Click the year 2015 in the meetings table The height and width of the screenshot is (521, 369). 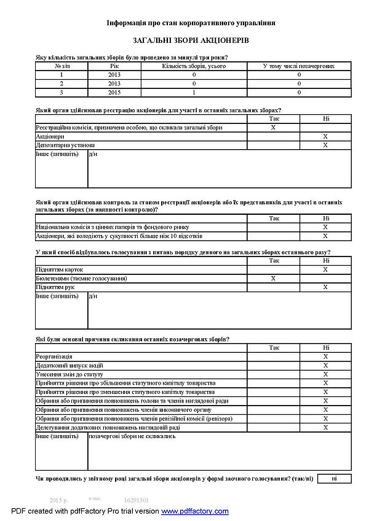[114, 92]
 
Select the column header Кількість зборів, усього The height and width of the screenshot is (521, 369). [194, 66]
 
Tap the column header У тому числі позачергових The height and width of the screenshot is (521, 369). [299, 66]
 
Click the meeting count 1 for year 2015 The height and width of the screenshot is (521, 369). [194, 92]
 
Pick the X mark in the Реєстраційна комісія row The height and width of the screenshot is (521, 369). [273, 128]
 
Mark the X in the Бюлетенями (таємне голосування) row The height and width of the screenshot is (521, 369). [273, 279]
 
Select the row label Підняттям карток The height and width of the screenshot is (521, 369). [60, 269]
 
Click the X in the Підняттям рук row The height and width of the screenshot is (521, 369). [325, 287]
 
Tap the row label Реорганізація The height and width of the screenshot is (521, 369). [54, 357]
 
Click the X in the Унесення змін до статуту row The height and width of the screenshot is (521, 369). [325, 374]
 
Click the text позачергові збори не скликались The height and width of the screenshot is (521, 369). [132, 436]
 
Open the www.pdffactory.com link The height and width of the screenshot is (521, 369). [195, 511]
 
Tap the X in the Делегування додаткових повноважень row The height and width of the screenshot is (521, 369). [325, 427]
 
